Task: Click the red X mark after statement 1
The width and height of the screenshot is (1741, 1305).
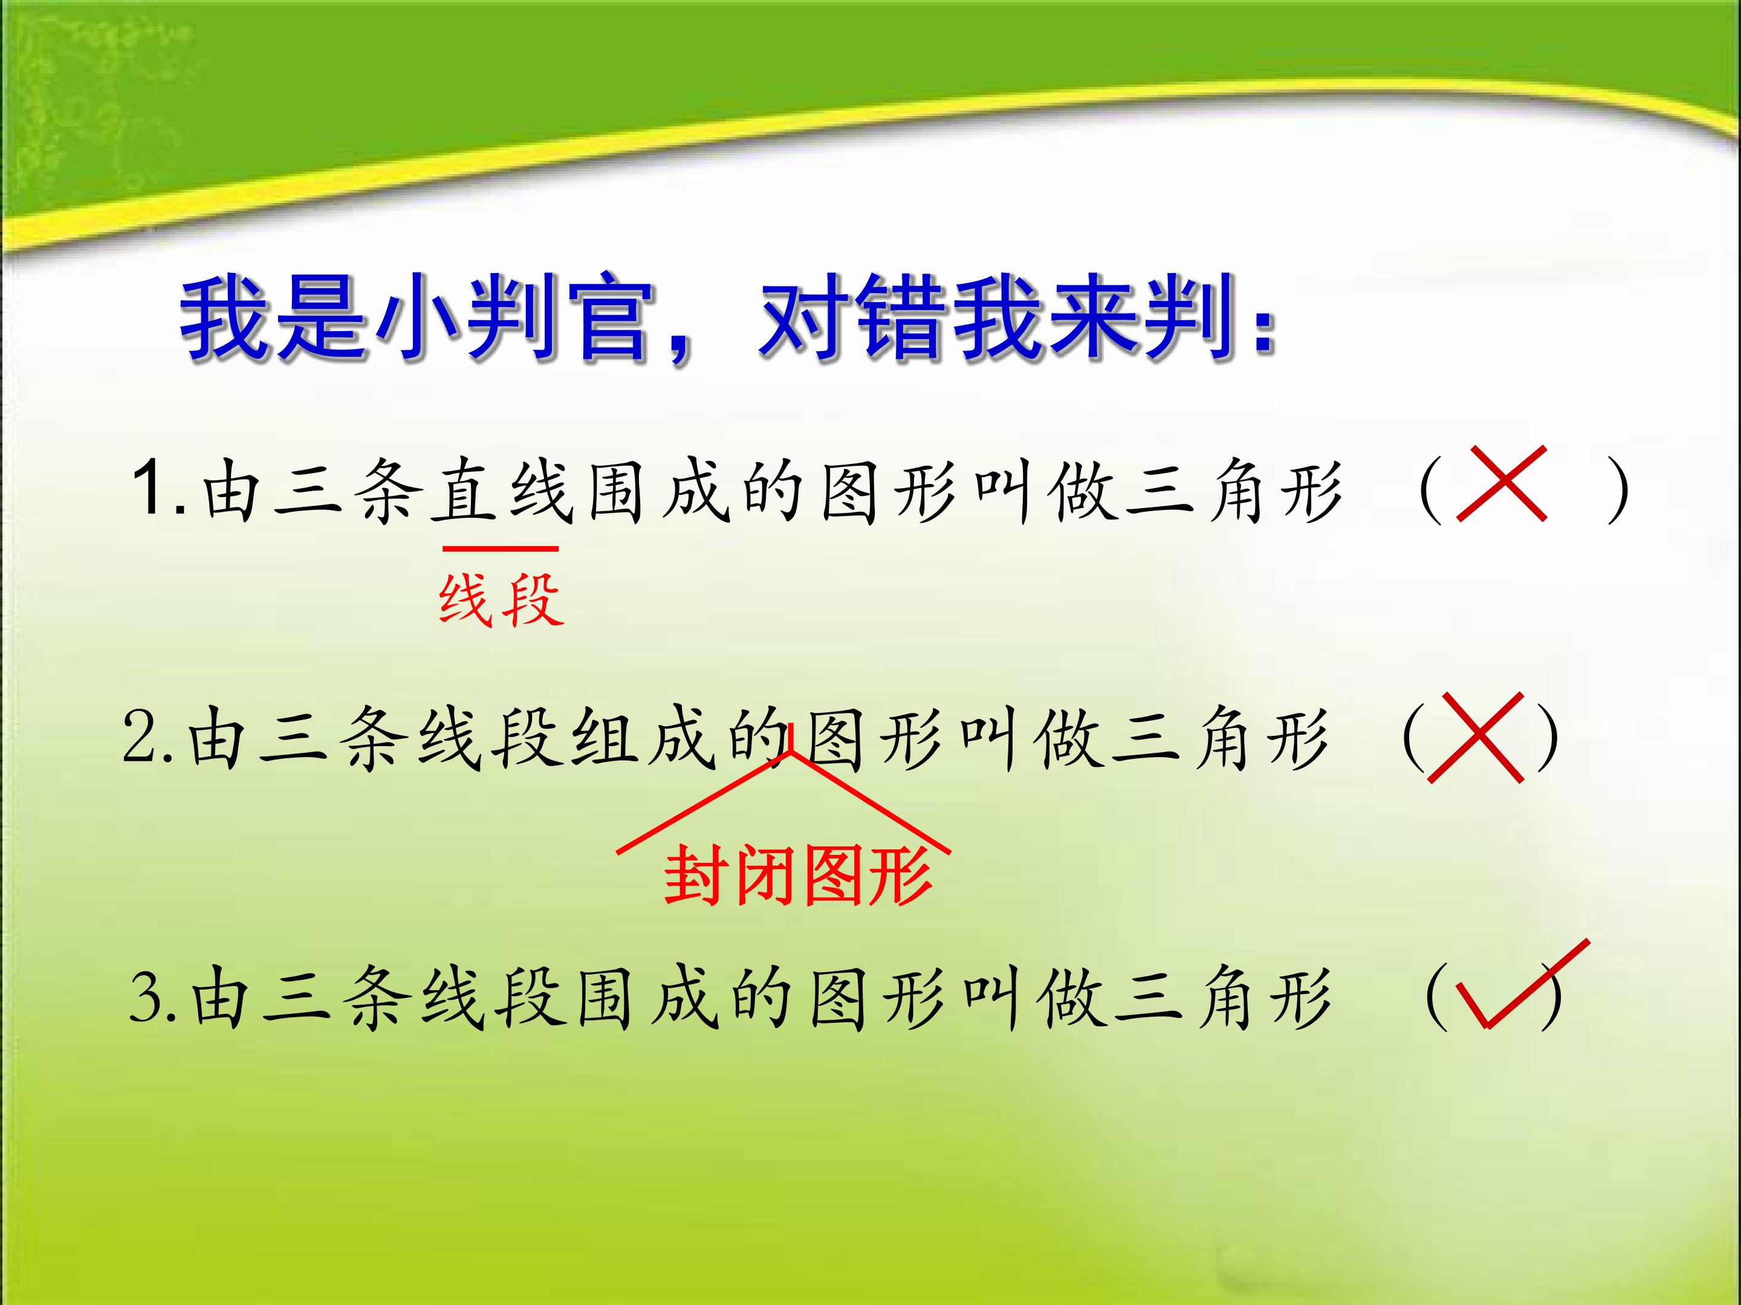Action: pos(1502,484)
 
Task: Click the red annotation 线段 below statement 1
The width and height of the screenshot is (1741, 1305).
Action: pos(501,599)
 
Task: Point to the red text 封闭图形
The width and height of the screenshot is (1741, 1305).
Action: pos(798,876)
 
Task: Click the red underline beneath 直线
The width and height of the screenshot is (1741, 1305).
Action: pos(501,548)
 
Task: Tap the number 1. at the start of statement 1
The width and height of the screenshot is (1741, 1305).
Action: pos(159,489)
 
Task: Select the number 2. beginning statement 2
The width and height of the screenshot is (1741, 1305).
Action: pos(147,737)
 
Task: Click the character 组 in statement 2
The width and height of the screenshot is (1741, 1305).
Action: pos(603,737)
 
